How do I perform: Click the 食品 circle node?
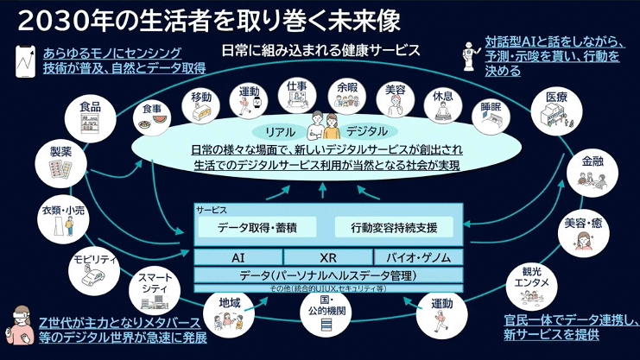tap(90, 117)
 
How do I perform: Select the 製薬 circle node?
tap(60, 163)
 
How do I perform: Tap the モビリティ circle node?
tap(90, 269)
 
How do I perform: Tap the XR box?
tap(327, 257)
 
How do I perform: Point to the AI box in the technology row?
tap(238, 257)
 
